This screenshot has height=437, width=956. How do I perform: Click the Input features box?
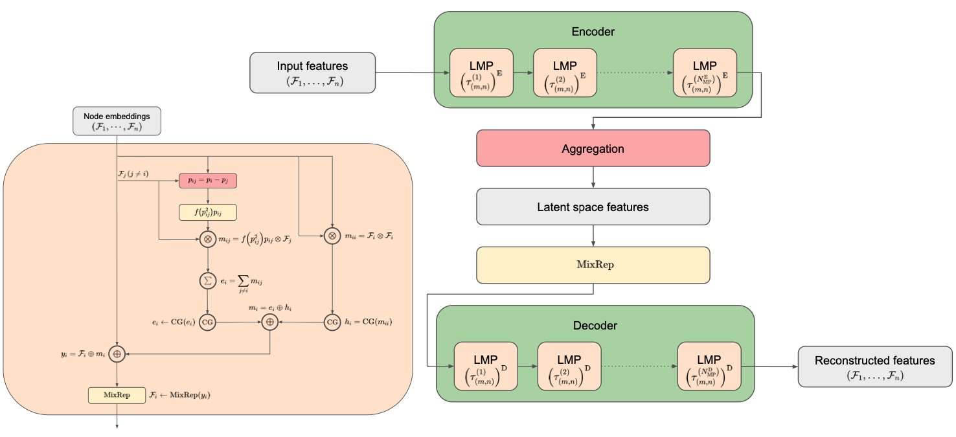pyautogui.click(x=312, y=72)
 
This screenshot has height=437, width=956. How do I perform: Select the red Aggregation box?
pyautogui.click(x=593, y=149)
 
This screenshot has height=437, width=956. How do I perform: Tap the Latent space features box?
pyautogui.click(x=593, y=208)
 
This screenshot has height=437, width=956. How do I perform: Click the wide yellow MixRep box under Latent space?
pyautogui.click(x=593, y=265)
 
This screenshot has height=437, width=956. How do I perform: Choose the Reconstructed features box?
pyautogui.click(x=874, y=366)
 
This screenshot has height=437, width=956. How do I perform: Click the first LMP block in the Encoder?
pyautogui.click(x=482, y=73)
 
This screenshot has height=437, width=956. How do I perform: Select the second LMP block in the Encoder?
pyautogui.click(x=565, y=73)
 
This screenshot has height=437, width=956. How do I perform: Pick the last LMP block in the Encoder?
pyautogui.click(x=705, y=73)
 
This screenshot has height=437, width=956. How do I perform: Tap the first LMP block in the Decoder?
pyautogui.click(x=486, y=366)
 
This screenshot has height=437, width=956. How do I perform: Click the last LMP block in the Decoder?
pyautogui.click(x=709, y=366)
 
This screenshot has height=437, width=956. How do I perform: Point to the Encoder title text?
pyautogui.click(x=593, y=31)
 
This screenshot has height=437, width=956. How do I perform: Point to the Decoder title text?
pyautogui.click(x=596, y=325)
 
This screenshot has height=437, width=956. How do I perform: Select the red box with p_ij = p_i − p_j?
pyautogui.click(x=208, y=181)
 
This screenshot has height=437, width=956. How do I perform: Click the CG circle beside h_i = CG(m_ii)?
pyautogui.click(x=332, y=322)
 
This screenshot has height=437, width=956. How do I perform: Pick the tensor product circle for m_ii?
pyautogui.click(x=332, y=237)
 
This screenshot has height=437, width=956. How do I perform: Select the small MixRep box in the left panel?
pyautogui.click(x=117, y=395)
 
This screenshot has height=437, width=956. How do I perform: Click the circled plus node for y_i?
pyautogui.click(x=117, y=353)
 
